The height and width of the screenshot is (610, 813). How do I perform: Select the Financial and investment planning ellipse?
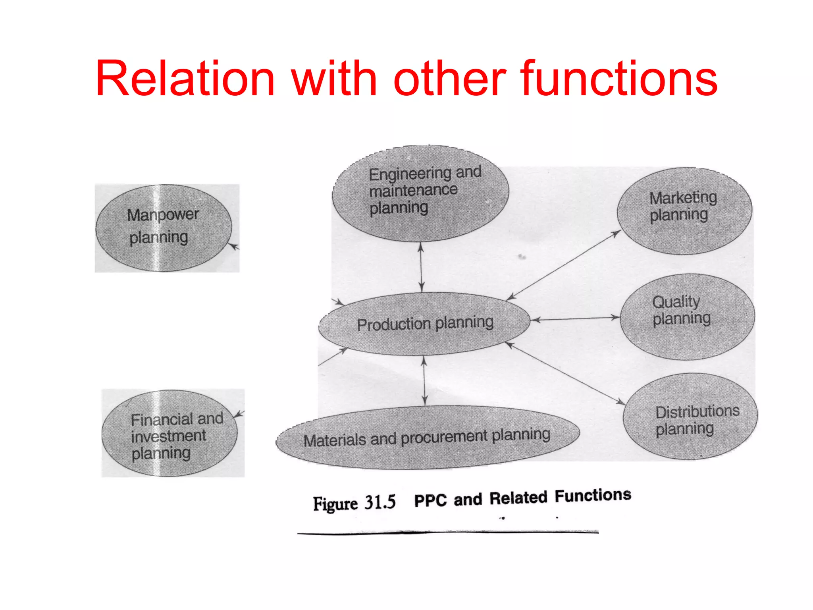(x=170, y=434)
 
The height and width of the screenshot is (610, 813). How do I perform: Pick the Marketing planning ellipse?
(x=684, y=211)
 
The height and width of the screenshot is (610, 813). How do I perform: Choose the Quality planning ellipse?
(x=687, y=317)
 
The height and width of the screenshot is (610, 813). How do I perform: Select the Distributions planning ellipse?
(x=690, y=417)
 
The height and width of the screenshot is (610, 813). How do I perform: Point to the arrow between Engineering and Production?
(x=421, y=267)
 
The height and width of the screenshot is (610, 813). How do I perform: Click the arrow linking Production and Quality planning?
(x=576, y=319)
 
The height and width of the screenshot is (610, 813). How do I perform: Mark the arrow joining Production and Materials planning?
(x=424, y=380)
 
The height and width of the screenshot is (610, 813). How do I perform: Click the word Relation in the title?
(x=185, y=78)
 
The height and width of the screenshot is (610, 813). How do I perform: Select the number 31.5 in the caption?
(x=380, y=502)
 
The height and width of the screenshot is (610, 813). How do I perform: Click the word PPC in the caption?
(x=430, y=500)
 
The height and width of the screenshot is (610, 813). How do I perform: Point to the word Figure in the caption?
(x=335, y=504)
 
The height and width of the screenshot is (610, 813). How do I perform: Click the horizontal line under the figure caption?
(x=448, y=532)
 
